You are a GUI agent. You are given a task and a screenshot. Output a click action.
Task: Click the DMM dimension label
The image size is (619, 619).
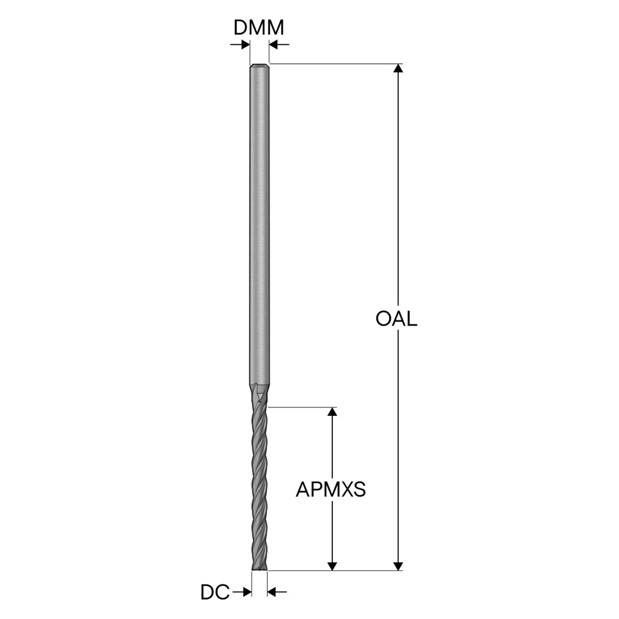click(259, 28)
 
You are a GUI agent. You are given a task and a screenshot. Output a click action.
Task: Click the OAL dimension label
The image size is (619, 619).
click(397, 319)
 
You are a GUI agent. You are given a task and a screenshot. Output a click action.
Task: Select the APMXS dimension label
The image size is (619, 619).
click(331, 489)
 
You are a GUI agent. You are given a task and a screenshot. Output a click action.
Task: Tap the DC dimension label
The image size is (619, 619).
click(215, 592)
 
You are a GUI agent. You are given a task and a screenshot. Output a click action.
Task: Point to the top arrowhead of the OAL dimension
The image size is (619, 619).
click(398, 68)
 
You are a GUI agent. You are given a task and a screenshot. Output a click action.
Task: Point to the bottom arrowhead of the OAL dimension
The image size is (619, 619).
click(398, 566)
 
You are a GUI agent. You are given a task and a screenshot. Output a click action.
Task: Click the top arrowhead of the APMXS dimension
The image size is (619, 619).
click(332, 412)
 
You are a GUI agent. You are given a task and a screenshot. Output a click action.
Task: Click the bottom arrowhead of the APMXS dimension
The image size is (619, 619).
click(332, 566)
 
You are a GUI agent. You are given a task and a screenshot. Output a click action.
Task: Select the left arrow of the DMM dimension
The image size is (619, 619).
click(240, 44)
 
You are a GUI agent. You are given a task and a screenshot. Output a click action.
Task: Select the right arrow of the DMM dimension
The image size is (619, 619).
click(279, 44)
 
